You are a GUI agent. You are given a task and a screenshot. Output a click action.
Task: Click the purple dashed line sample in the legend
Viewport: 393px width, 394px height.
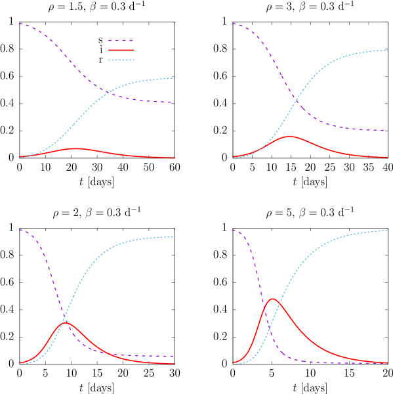(x=121, y=40)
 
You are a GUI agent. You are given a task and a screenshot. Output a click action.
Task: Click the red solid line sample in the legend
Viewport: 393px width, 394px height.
(x=121, y=50)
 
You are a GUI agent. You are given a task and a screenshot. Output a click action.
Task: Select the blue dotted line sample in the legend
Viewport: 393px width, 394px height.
(x=121, y=60)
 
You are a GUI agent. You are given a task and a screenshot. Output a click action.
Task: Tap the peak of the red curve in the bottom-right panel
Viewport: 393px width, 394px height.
(x=272, y=299)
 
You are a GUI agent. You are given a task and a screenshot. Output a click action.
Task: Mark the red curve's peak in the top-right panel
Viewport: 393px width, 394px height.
(x=289, y=137)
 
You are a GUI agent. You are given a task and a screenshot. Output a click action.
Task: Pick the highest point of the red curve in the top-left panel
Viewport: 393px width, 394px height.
(x=75, y=148)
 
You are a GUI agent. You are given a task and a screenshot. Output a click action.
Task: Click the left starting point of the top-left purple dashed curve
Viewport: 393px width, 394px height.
(x=20, y=24)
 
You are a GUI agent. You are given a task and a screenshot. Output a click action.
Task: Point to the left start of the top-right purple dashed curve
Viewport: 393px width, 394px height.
(x=233, y=24)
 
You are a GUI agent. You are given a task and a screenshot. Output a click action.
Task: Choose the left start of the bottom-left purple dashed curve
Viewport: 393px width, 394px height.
(x=20, y=230)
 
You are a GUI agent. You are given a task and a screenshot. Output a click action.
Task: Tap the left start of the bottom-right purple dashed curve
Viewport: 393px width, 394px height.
(x=233, y=230)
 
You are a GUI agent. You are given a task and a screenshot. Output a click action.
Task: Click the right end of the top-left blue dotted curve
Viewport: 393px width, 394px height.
(x=174, y=78)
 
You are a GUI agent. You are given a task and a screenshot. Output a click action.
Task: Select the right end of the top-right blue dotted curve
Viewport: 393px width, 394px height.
(x=387, y=51)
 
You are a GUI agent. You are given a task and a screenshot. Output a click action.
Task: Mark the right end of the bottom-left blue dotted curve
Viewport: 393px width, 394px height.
(x=174, y=236)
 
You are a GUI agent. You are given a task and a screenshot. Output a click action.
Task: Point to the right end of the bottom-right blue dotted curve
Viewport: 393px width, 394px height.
(x=387, y=230)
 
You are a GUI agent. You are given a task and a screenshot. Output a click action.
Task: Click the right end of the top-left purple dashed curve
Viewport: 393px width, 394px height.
(x=174, y=102)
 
